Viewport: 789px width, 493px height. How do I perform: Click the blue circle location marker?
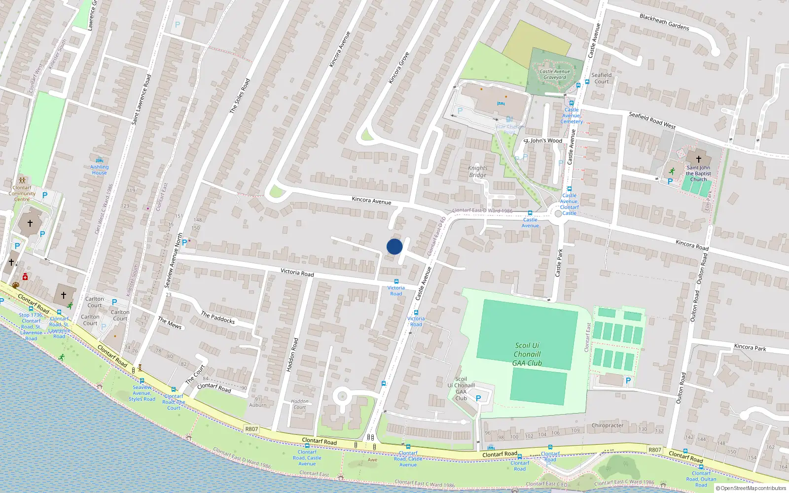(394, 246)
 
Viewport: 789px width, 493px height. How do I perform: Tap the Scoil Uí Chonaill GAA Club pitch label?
(527, 354)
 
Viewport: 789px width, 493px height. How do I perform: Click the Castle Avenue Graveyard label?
(555, 74)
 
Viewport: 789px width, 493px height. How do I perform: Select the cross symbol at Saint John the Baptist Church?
(698, 159)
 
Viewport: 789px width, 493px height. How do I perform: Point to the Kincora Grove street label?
(398, 68)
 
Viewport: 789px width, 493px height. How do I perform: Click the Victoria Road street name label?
(297, 272)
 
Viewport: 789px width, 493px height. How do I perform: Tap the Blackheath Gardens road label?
(664, 22)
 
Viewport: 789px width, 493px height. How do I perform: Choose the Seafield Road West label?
(652, 120)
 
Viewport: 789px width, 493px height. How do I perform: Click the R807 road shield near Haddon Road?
(251, 429)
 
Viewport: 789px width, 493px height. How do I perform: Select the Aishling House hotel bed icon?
(99, 160)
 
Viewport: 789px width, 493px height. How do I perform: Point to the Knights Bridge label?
(477, 172)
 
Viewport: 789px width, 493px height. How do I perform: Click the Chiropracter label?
(608, 425)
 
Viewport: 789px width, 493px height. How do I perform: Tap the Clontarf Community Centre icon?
(22, 180)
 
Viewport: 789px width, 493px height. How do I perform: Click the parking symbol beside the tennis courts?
(628, 381)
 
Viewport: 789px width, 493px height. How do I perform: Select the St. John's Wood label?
(543, 141)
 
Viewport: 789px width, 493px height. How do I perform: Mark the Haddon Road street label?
(292, 354)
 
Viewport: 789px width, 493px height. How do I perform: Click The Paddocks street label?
(217, 317)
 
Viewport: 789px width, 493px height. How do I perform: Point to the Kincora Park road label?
(750, 347)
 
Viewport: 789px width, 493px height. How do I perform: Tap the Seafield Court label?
(601, 78)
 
